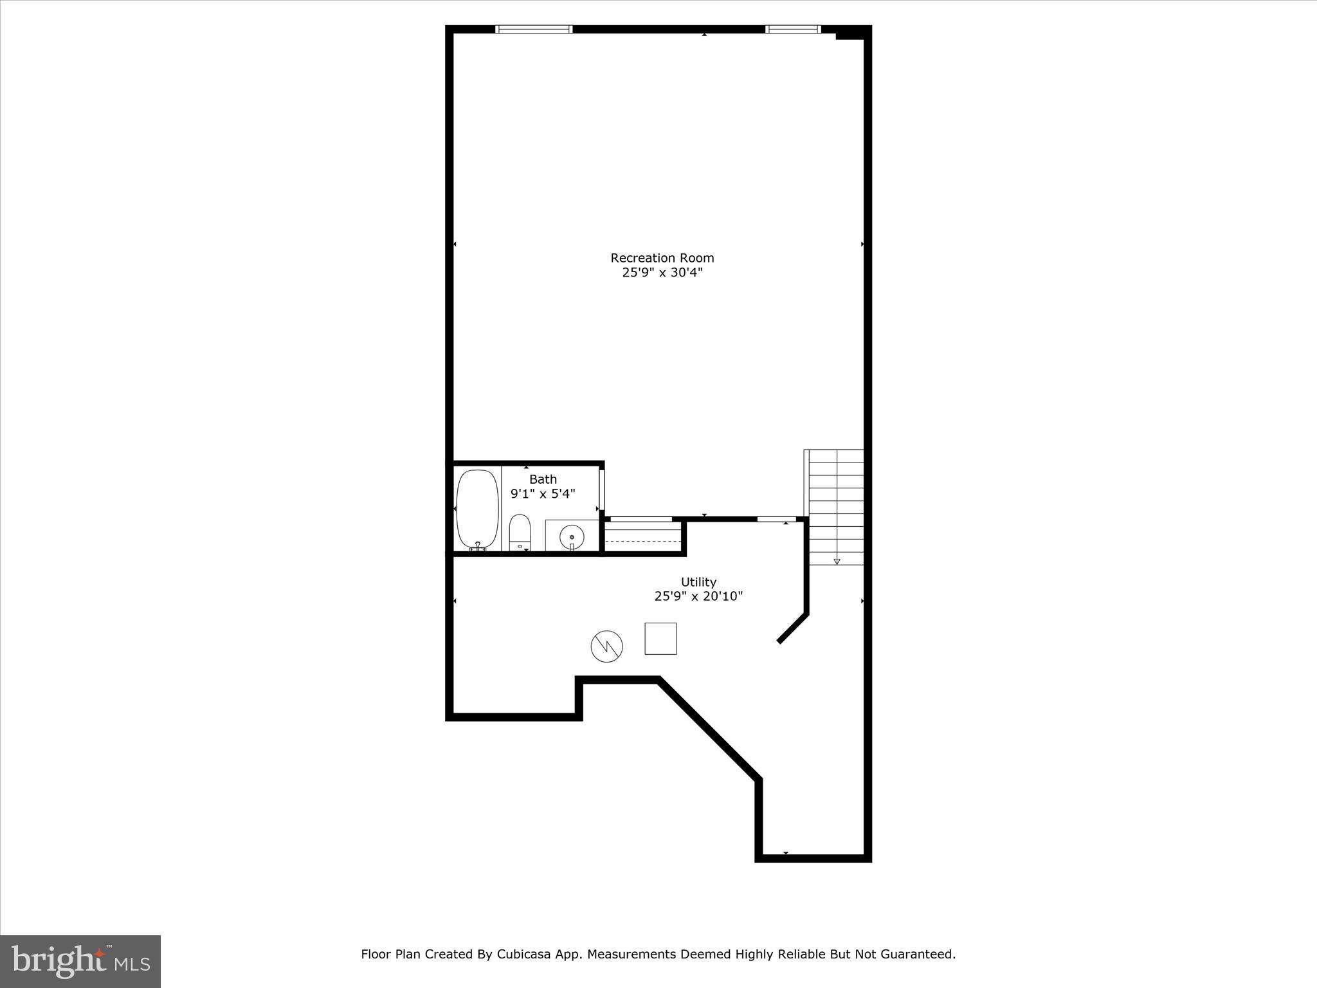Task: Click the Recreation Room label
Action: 662,258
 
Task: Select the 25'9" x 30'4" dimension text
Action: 662,272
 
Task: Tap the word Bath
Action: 543,479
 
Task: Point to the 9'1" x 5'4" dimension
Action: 543,494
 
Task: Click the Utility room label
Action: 698,582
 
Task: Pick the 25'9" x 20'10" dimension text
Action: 698,596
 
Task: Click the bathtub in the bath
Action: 477,509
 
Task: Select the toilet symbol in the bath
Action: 520,531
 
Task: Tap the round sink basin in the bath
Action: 572,536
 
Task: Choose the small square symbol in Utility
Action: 660,639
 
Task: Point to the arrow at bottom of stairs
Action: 837,562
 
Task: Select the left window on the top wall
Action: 534,29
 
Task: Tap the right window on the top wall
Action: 793,29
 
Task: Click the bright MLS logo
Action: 80,962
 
